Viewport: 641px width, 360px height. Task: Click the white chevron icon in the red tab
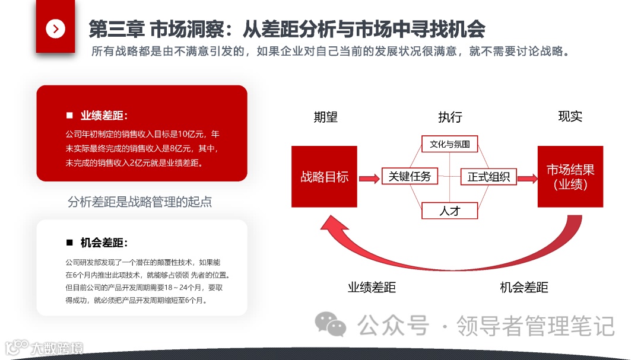55,28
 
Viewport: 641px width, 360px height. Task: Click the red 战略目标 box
324,177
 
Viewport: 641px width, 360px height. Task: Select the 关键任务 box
410,176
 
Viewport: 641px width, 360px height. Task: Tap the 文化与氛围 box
450,144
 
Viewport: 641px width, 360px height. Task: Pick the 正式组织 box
488,177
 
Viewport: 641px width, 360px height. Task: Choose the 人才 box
449,210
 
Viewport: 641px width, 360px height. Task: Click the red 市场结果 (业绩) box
570,177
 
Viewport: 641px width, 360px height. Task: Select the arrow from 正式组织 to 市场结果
527,177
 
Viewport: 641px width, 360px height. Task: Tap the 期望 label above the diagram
325,117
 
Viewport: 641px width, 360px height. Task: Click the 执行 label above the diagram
450,117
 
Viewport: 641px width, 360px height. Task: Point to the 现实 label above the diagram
570,116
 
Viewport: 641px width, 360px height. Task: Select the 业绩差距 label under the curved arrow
372,288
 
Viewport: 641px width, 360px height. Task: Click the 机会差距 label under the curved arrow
523,288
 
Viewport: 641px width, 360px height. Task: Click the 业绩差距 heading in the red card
104,115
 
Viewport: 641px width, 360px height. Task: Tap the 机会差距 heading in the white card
104,243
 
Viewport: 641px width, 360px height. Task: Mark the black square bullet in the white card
69,243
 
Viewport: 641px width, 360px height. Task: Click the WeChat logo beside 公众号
330,324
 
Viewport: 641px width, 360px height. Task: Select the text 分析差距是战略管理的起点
140,202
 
